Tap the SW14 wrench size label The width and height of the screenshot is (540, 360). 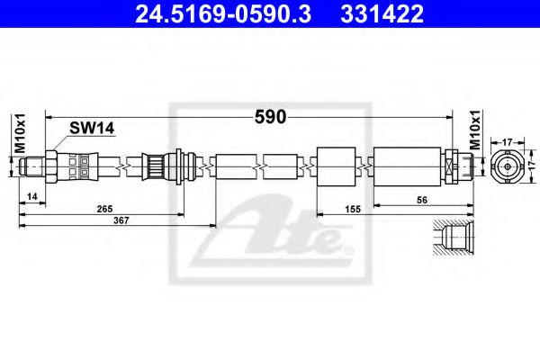click(x=93, y=129)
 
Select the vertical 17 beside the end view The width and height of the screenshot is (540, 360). click(x=533, y=166)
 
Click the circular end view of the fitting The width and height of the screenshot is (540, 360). click(x=507, y=166)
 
